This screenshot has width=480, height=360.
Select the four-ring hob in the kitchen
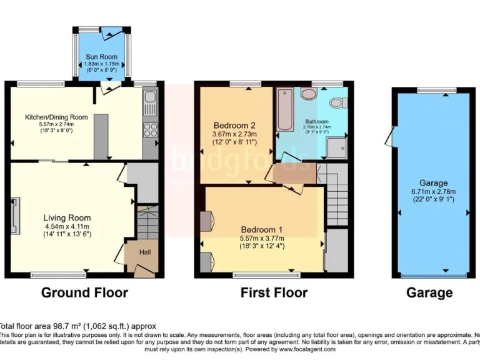click(x=150, y=129)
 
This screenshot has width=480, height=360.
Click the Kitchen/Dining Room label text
click(x=56, y=117)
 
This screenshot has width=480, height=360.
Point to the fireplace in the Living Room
click(x=15, y=216)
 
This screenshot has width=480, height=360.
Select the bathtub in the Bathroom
click(x=285, y=110)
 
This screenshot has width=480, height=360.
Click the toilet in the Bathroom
click(x=338, y=102)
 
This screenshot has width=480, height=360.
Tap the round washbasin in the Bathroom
click(x=309, y=93)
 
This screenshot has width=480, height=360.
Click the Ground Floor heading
click(x=84, y=292)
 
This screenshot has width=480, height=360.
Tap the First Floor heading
click(x=274, y=292)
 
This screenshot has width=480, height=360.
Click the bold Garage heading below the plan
click(x=429, y=292)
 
